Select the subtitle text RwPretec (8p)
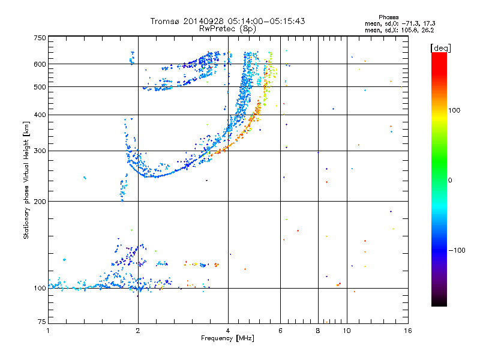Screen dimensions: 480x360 pyautogui.click(x=227, y=29)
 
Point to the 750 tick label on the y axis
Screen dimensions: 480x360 pyautogui.click(x=40, y=38)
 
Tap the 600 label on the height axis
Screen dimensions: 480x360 pyautogui.click(x=40, y=64)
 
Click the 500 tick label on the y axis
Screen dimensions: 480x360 pyautogui.click(x=40, y=87)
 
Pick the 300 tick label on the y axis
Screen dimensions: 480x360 pyautogui.click(x=40, y=151)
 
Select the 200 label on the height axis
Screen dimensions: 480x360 pyautogui.click(x=40, y=202)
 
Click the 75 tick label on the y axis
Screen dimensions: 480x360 pyautogui.click(x=42, y=322)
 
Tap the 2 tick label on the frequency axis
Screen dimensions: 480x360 pyautogui.click(x=138, y=331)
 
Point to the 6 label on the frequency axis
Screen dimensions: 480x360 pyautogui.click(x=280, y=331)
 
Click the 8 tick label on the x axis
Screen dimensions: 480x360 pyautogui.click(x=318, y=331)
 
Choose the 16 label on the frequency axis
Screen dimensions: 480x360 pyautogui.click(x=408, y=331)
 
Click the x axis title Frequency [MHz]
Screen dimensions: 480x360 pyautogui.click(x=227, y=338)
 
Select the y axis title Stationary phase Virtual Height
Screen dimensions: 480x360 pyautogui.click(x=26, y=181)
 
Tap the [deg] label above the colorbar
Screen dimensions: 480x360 pyautogui.click(x=440, y=48)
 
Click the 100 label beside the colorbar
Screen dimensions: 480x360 pyautogui.click(x=454, y=110)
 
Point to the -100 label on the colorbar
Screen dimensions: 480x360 pyautogui.click(x=457, y=250)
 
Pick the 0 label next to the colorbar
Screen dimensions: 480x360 pyautogui.click(x=450, y=181)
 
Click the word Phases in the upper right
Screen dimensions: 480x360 pyautogui.click(x=388, y=17)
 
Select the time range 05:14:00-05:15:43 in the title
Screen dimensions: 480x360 pyautogui.click(x=266, y=21)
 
